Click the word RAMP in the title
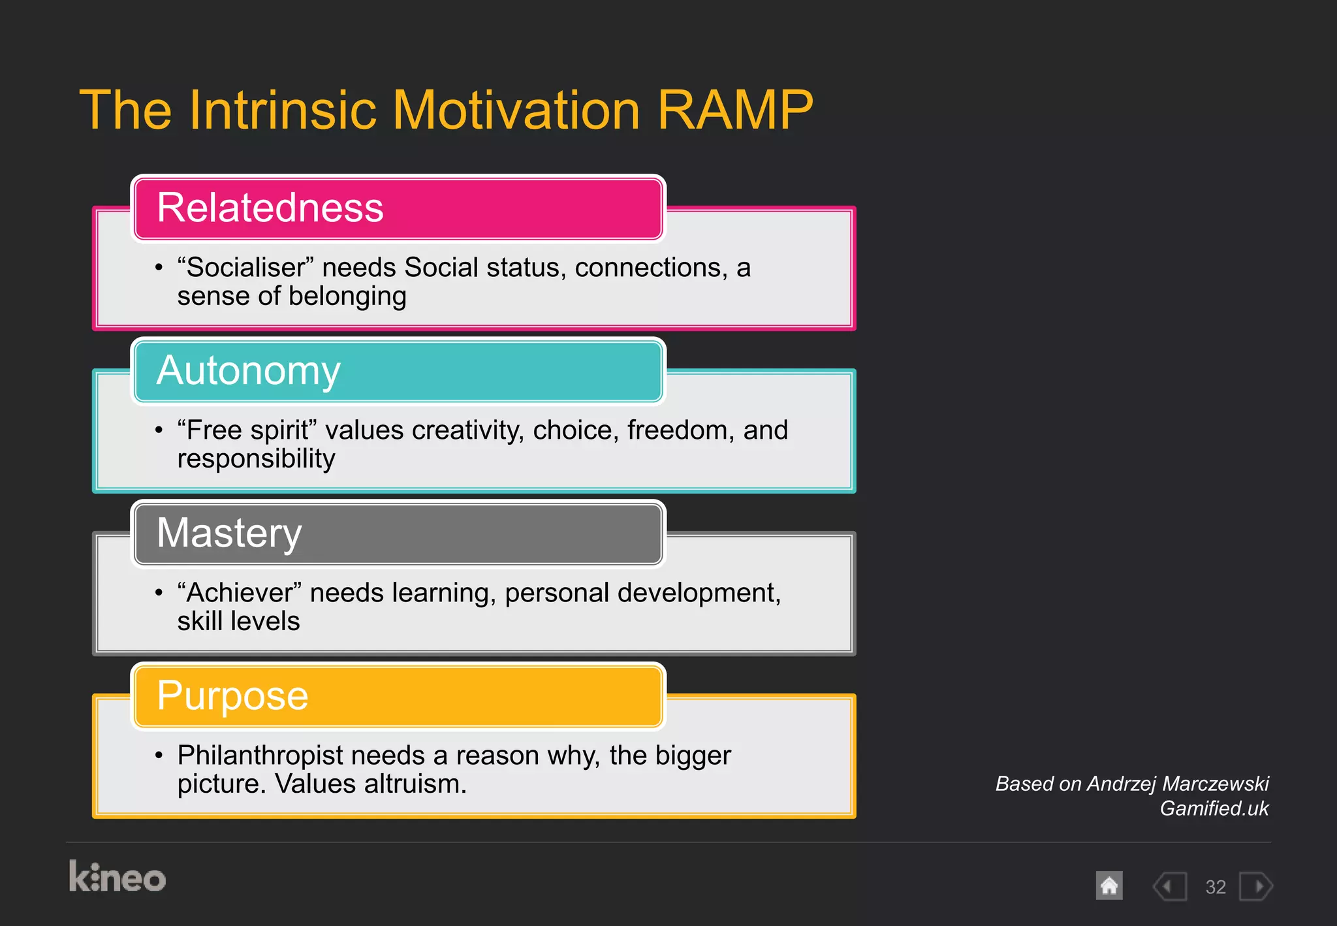tap(735, 110)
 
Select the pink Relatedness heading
tap(270, 208)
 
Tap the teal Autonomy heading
tap(248, 370)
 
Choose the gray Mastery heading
tap(229, 533)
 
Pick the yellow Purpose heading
tap(232, 695)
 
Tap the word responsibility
tap(256, 459)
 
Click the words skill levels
tap(238, 622)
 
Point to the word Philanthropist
tap(260, 756)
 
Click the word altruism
tap(415, 784)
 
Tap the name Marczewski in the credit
tap(1216, 784)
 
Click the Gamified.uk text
tap(1214, 808)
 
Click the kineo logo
tap(118, 877)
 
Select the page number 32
tap(1215, 887)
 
